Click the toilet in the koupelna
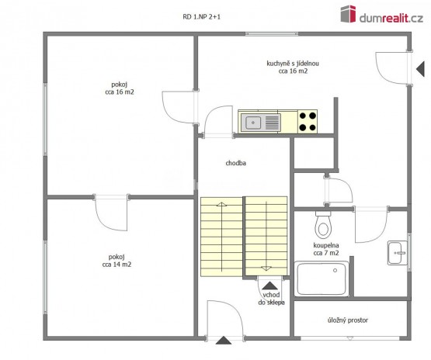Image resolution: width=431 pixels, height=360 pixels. pos(323,225)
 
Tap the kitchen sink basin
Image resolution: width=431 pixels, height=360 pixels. pos(253,123)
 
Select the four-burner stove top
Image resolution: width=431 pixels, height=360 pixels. pos(308,121)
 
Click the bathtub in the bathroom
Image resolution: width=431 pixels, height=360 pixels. pos(322,279)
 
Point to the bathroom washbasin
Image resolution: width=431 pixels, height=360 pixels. pos(397,253)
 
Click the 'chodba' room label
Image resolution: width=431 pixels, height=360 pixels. pos(236,163)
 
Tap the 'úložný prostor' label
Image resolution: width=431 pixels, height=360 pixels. pos(348,320)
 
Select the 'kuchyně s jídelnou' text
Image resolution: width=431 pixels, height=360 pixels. pos(293,64)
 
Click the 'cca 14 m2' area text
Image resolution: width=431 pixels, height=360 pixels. pos(116,265)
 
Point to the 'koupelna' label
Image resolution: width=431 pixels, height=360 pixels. pos(326,245)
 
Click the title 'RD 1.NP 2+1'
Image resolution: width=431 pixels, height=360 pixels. pos(201,17)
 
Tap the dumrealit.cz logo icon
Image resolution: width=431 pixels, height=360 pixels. pos(348,14)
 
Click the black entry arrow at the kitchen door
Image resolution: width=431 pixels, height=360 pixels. pos(420,69)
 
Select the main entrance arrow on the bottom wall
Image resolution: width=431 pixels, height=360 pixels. pos(224,341)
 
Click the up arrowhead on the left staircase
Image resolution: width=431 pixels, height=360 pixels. pos(221,204)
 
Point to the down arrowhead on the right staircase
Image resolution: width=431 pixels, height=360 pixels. pos(266,268)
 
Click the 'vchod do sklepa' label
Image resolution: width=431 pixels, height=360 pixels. pos(271,299)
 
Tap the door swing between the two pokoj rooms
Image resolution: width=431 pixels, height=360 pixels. pos(111,213)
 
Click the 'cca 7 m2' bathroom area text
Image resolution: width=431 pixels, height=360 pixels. pos(326,253)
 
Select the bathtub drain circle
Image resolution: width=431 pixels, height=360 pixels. pos(335,271)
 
